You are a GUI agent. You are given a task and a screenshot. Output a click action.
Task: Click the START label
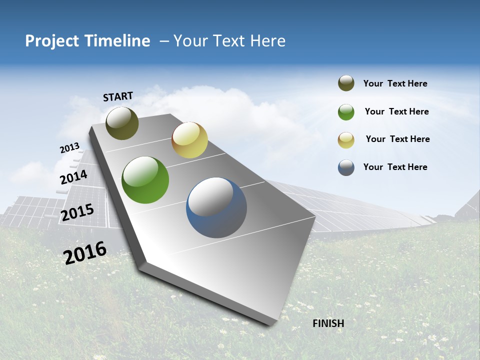[x=118, y=96]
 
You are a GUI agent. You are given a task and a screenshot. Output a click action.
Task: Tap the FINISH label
[x=328, y=323]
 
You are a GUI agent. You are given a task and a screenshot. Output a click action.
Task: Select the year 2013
[x=69, y=148]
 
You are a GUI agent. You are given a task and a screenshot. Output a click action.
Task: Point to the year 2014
[x=73, y=177]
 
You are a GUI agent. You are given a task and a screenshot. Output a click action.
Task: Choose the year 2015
[x=77, y=212]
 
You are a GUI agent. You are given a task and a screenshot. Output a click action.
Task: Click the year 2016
[x=85, y=252]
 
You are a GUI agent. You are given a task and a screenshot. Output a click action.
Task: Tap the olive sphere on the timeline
[x=122, y=123]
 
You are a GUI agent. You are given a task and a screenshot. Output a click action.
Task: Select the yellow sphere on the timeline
[x=189, y=140]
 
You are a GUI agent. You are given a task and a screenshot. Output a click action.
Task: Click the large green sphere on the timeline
[x=145, y=180]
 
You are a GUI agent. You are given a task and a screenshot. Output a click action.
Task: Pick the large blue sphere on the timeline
[x=216, y=207]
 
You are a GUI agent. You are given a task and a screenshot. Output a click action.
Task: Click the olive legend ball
[x=346, y=83]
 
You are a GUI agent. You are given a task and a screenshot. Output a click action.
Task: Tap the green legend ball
[x=346, y=112]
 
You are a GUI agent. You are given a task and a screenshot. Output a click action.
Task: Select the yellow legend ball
[x=346, y=140]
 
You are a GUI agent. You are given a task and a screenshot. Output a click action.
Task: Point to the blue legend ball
[x=346, y=167]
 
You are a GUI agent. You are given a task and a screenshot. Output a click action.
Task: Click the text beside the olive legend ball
[x=395, y=83]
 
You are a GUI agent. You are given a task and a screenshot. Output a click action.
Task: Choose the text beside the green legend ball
[x=396, y=111]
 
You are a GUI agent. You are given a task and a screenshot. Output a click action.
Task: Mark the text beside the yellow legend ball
[x=397, y=139]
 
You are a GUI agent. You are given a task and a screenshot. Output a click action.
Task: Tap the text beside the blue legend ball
[x=395, y=167]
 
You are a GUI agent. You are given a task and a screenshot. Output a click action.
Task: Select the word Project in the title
[x=51, y=41]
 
